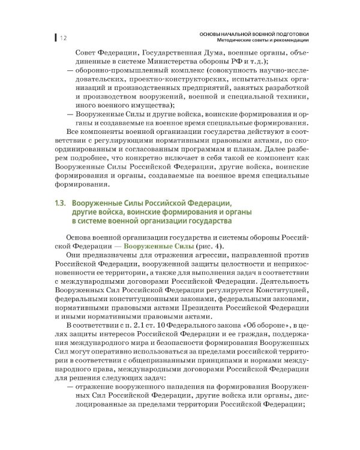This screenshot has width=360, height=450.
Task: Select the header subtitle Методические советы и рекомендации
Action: (260, 40)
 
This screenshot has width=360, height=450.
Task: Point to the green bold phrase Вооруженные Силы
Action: (169, 247)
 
